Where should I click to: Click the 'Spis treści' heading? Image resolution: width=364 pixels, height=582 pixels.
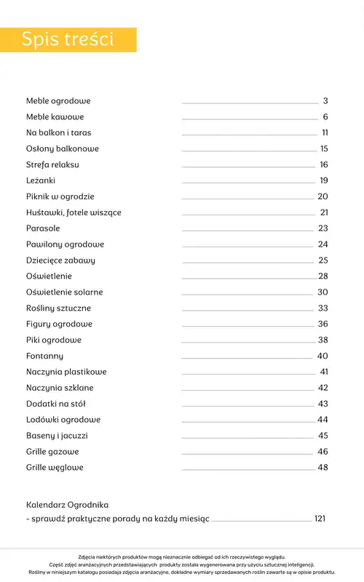tap(68, 39)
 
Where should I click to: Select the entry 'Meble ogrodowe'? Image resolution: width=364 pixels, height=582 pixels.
tap(58, 101)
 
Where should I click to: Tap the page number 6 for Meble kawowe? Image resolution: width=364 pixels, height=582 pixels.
tap(325, 117)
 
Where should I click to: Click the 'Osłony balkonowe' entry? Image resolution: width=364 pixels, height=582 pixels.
tap(63, 149)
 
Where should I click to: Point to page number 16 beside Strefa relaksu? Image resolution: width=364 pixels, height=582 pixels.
tap(324, 165)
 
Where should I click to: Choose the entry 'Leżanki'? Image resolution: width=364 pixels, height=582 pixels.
tap(41, 180)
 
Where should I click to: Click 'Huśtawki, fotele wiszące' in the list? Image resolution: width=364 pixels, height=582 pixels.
tap(74, 212)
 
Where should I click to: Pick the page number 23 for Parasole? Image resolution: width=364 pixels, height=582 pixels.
tap(323, 228)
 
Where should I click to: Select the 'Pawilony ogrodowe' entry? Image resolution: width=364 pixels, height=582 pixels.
tap(65, 244)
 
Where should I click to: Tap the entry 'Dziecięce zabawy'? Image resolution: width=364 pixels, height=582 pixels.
tap(60, 260)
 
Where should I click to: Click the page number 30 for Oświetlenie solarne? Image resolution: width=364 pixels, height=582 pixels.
tap(323, 292)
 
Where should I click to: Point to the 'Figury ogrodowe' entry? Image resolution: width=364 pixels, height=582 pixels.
tap(59, 324)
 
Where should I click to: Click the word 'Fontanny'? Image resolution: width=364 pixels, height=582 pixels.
tap(44, 356)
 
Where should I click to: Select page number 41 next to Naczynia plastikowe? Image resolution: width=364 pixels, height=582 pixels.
tap(324, 372)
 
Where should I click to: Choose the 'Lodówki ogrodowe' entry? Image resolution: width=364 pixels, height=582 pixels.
tap(63, 420)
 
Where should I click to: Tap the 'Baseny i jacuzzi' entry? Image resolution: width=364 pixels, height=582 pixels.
tap(57, 436)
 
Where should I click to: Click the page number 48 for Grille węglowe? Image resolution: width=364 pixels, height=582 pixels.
tap(323, 467)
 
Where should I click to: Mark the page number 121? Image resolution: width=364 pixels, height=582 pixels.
tap(320, 519)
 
